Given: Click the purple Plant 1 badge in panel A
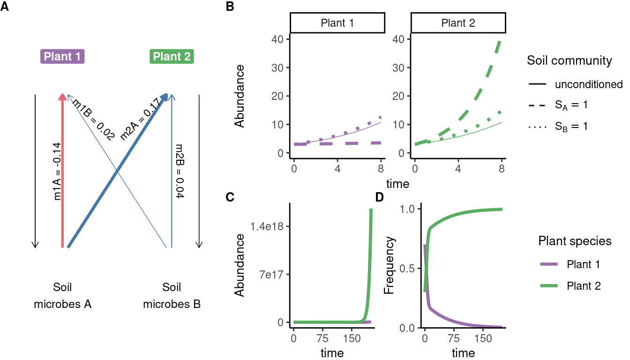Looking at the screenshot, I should [62, 57].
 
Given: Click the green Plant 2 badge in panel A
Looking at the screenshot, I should [172, 57].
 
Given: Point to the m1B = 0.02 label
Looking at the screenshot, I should [94, 120].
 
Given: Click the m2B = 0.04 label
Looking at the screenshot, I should [179, 172].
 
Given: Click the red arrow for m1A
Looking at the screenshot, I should [62, 169].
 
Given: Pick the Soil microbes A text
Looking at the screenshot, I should [62, 296].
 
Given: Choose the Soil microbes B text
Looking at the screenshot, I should [172, 296].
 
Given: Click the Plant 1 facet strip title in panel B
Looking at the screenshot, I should [337, 23].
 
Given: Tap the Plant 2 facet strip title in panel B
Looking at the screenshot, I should [458, 23].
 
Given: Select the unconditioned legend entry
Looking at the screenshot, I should [588, 85].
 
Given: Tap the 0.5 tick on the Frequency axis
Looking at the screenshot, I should [407, 268].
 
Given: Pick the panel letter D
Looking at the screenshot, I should [379, 197].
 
